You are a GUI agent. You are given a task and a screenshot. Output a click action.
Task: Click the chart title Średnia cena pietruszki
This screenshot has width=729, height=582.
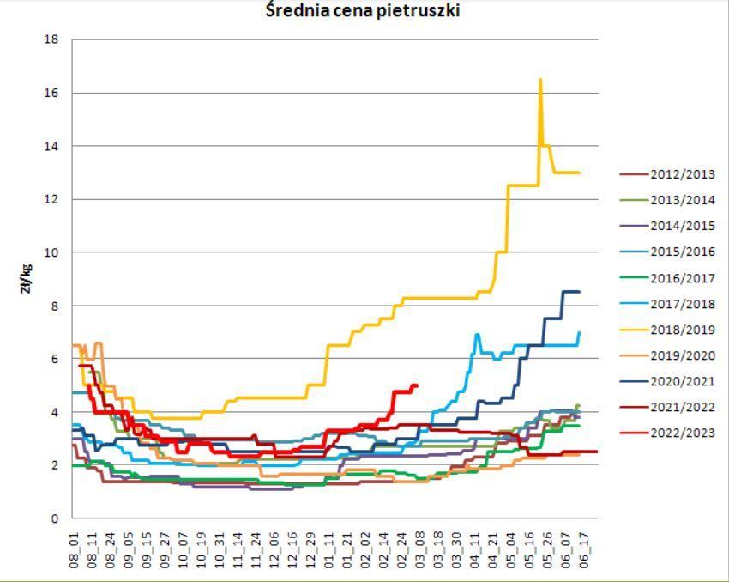tap(363, 11)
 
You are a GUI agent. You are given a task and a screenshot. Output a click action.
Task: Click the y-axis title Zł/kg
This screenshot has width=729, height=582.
tap(27, 278)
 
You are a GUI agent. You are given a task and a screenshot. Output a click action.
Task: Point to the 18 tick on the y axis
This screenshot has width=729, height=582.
tap(51, 39)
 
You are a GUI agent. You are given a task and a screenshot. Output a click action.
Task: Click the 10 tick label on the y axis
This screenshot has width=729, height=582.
tap(51, 252)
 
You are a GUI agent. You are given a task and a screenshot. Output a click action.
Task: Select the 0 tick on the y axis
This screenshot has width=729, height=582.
tap(54, 518)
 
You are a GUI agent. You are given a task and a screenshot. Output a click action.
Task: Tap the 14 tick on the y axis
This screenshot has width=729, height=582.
tap(51, 146)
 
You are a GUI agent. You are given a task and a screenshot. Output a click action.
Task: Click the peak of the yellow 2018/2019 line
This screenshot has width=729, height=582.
tap(540, 80)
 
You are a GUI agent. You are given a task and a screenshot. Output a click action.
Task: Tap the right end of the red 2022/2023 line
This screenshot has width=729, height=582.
tap(417, 385)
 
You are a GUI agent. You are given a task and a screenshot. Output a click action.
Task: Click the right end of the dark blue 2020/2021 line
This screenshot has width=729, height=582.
tap(579, 292)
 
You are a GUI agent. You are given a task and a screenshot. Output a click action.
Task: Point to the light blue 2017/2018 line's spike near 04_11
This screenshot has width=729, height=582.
tap(477, 335)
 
